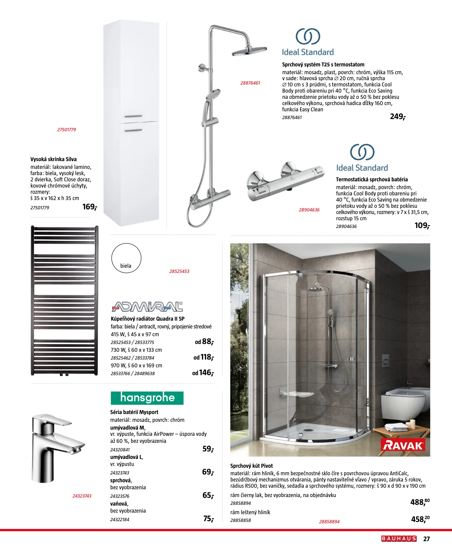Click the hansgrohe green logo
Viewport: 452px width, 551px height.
pos(147,398)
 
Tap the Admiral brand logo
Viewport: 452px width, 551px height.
pos(147,307)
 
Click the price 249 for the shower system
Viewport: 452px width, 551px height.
pos(397,116)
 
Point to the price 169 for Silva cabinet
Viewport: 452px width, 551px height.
pos(89,207)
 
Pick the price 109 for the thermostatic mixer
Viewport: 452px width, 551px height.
pos(422,225)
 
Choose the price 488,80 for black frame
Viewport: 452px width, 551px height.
pos(420,502)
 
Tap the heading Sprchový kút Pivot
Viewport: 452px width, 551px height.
pos(251,466)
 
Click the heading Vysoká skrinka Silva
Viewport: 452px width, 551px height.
pos(53,159)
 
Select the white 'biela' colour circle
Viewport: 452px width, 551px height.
pos(126,258)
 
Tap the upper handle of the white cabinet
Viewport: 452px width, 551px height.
pos(133,116)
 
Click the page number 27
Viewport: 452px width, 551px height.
pos(426,539)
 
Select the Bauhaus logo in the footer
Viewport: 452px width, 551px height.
pos(399,539)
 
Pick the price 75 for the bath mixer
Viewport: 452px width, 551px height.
pos(208,519)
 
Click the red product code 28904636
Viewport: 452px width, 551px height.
pos(309,210)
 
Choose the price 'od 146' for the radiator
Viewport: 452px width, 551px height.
pos(203,373)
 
